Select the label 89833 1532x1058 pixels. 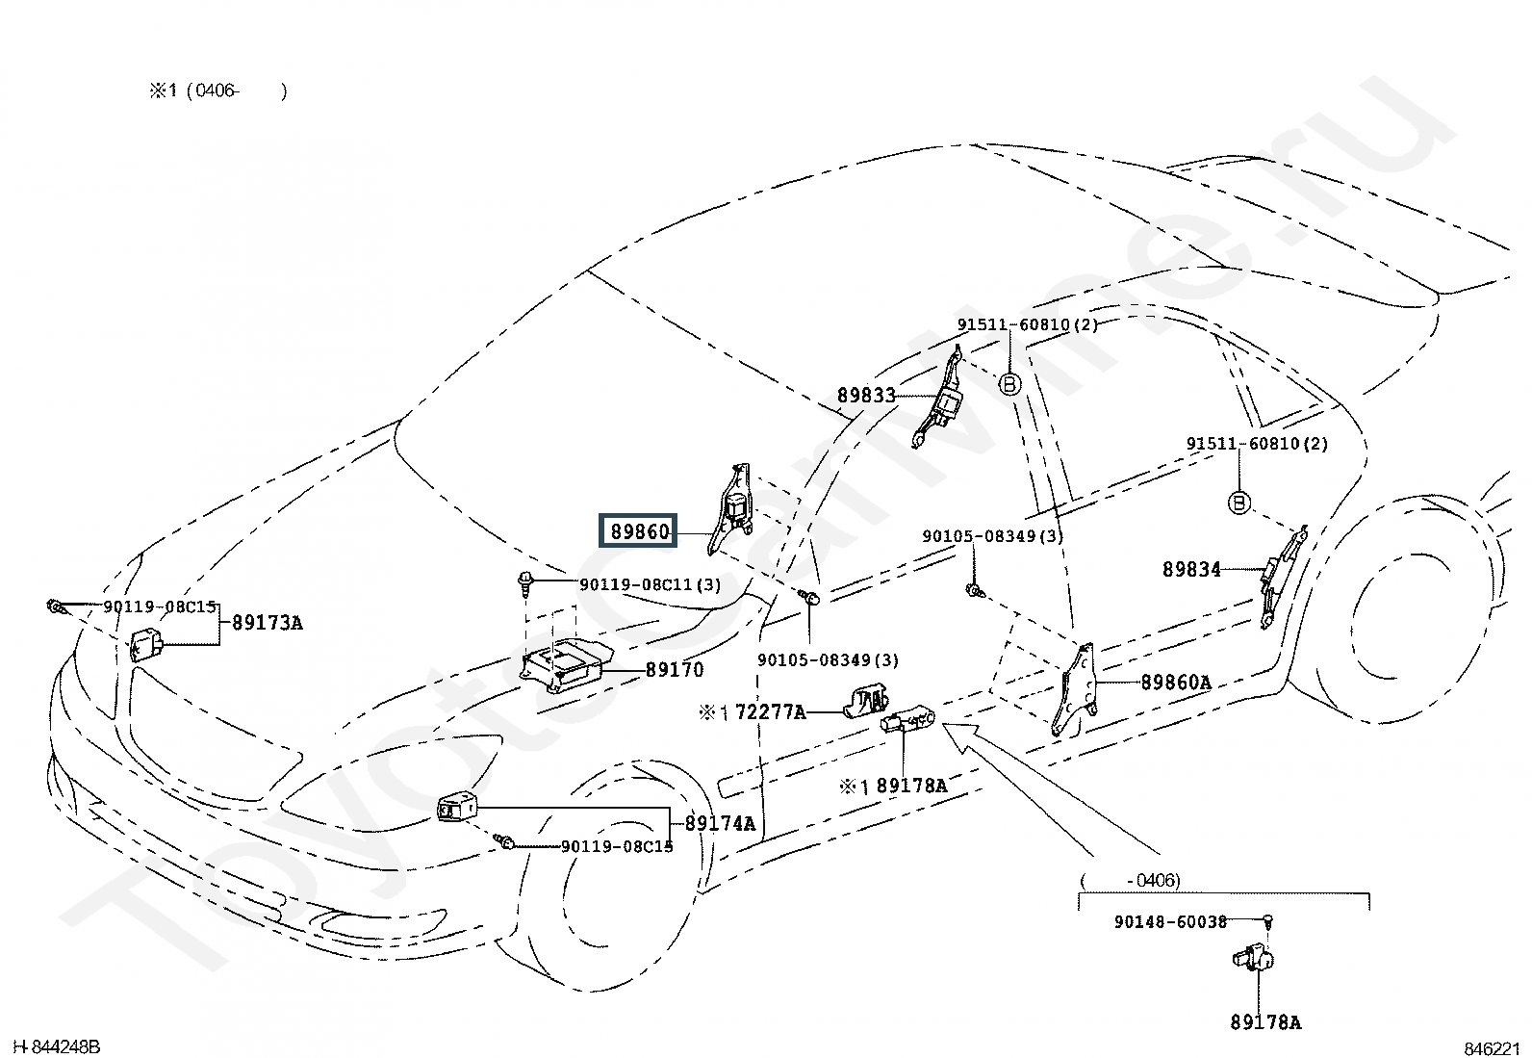click(866, 396)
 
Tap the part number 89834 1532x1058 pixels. click(1191, 569)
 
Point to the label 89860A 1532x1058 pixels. click(1176, 683)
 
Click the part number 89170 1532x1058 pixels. click(675, 669)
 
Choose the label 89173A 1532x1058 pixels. click(267, 623)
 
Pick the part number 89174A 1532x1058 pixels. click(720, 823)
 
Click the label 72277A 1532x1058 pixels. click(771, 712)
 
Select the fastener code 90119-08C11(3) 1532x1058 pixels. click(651, 585)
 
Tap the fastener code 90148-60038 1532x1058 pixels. click(1170, 922)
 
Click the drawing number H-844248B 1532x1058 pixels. click(57, 1047)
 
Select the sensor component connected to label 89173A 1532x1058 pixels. click(145, 645)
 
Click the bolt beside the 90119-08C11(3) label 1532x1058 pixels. click(525, 583)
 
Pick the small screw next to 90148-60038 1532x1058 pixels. click(1267, 922)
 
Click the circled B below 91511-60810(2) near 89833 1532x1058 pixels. click(1010, 384)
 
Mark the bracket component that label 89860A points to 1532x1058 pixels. click(1075, 690)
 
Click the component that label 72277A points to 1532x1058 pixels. click(866, 702)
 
